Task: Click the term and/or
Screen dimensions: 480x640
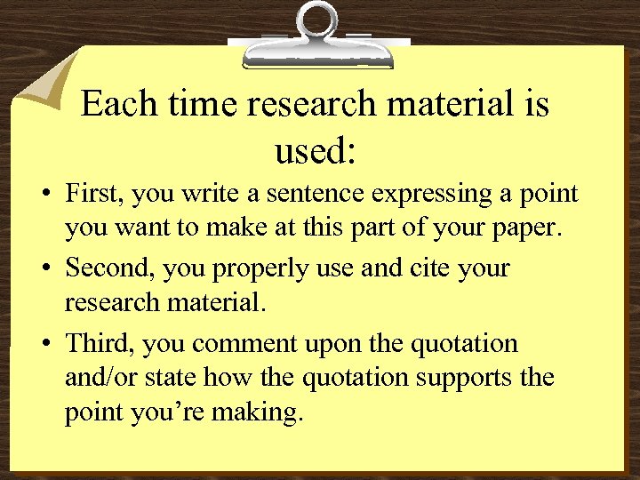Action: (98, 378)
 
